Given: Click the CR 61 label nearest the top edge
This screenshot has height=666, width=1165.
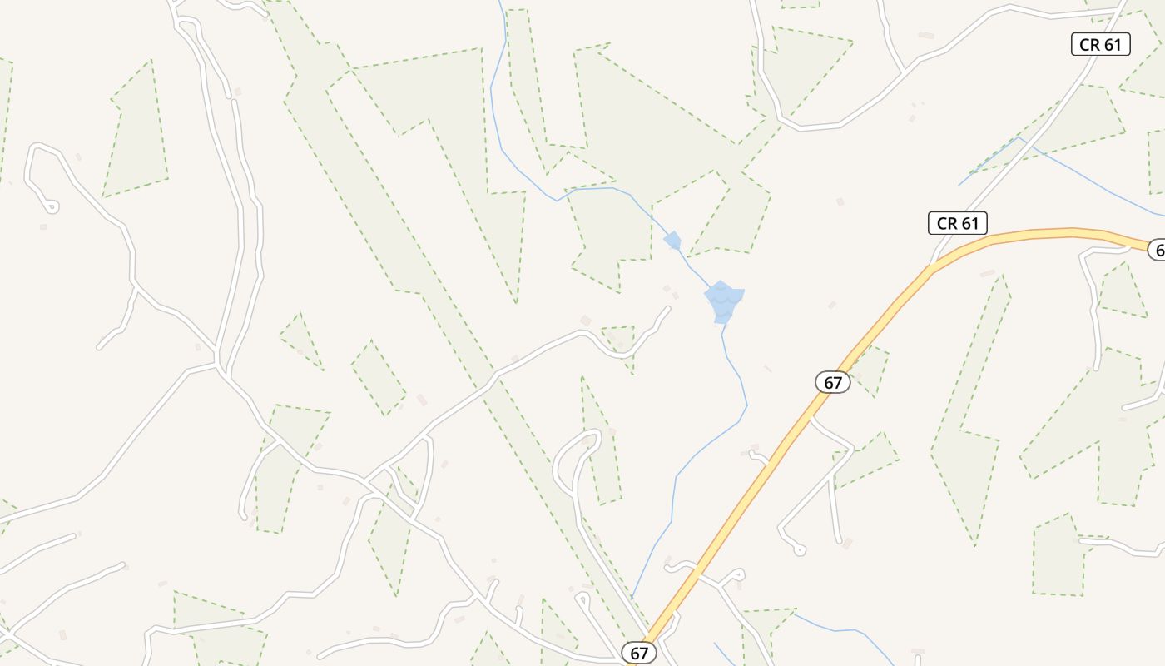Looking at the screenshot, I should pos(1100,45).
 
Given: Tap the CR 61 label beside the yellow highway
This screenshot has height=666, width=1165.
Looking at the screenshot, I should pos(958,223).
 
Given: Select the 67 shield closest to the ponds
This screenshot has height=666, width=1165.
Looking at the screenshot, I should pos(832,382).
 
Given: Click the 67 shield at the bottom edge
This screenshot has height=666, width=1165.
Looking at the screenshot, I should pos(639,654).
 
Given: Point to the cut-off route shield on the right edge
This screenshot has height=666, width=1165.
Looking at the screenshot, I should pos(1157,249).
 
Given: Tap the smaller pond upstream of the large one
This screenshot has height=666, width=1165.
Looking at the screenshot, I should pos(672,241).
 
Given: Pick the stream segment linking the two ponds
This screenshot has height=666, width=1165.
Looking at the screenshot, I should pos(693,267).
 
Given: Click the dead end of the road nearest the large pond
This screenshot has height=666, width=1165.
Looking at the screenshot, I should pos(667,309).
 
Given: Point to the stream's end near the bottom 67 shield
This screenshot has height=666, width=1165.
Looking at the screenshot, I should pos(632,597).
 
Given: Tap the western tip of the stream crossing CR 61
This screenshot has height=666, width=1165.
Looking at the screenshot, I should pos(959,185).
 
